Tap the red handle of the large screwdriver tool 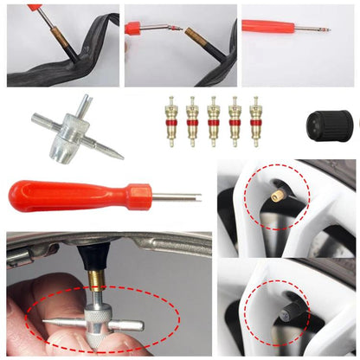click(69, 195)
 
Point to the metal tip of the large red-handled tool click(177, 196)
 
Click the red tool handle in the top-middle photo click(135, 28)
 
